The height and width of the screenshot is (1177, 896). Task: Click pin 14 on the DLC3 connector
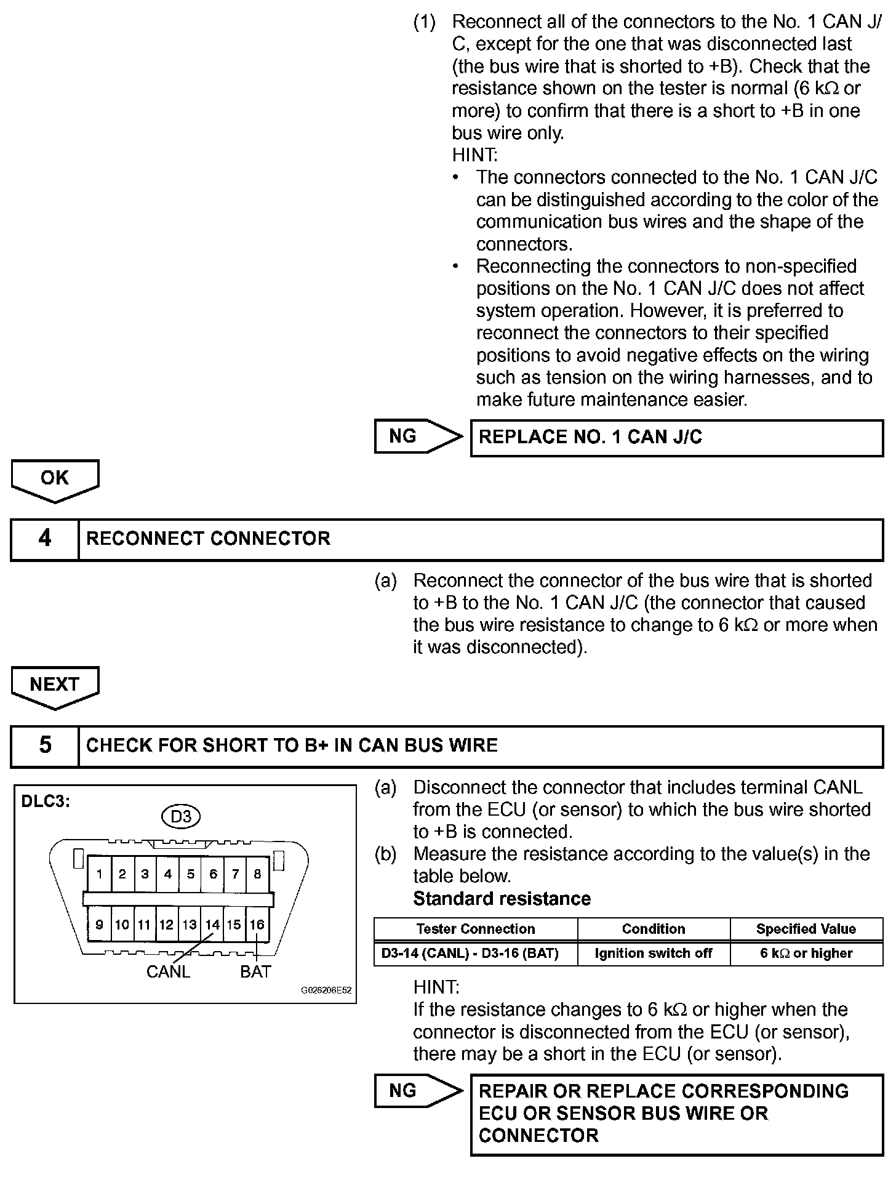coord(212,925)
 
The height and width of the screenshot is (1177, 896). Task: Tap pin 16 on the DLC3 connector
coord(257,925)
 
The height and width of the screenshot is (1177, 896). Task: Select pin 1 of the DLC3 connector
coord(100,874)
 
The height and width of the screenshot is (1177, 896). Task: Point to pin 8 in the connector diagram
coord(257,874)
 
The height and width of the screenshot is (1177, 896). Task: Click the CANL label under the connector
coord(168,971)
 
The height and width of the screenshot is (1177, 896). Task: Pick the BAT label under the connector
coord(255,971)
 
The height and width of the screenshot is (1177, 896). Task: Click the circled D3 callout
coord(181,817)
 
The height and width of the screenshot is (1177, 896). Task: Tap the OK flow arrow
coord(55,479)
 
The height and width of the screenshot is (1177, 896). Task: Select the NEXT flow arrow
coord(55,685)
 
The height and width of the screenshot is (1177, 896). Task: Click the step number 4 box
coord(45,539)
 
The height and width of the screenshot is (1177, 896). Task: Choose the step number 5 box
coord(45,745)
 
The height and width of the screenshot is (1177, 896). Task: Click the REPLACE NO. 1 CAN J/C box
coord(676,438)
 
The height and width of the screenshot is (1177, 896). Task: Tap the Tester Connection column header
coord(475,929)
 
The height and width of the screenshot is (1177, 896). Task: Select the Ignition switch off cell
coord(654,954)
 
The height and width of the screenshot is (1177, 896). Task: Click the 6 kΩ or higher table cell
coord(806,954)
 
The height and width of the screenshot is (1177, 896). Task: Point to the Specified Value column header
coord(806,929)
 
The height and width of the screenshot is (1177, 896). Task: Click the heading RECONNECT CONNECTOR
coord(208,539)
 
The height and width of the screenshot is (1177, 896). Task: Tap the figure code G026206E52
coord(326,990)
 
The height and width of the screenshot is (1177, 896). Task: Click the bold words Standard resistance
coord(502,899)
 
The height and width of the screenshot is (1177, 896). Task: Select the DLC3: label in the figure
coord(46,802)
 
